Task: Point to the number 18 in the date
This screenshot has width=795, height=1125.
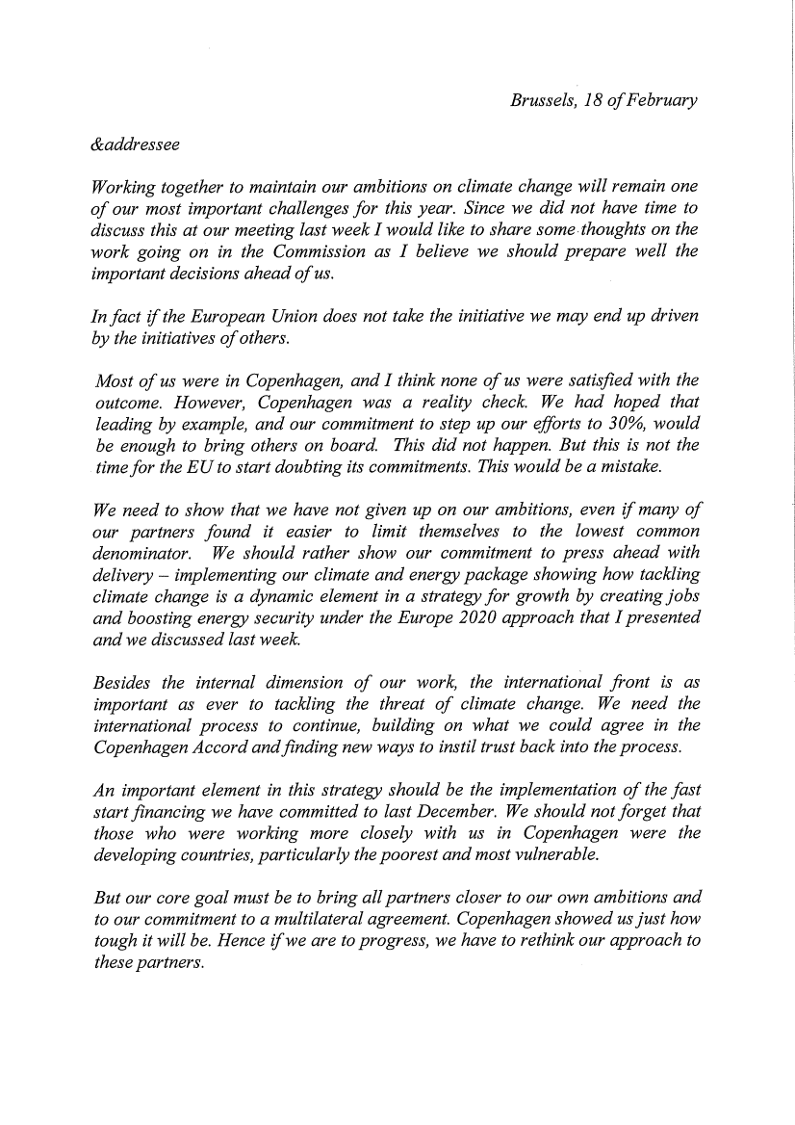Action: point(592,101)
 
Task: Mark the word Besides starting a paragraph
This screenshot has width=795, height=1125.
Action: point(125,683)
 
